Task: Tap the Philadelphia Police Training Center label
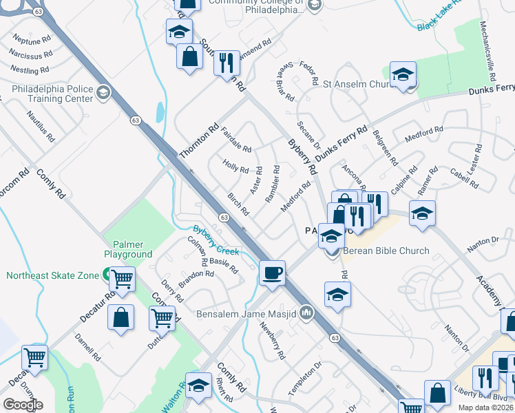point(52,94)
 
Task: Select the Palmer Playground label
point(128,248)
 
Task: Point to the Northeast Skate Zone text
point(52,275)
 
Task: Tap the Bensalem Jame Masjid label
point(246,315)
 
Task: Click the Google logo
point(23,405)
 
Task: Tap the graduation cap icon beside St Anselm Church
point(403,75)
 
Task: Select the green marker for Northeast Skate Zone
point(108,275)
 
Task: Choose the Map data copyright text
point(484,407)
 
